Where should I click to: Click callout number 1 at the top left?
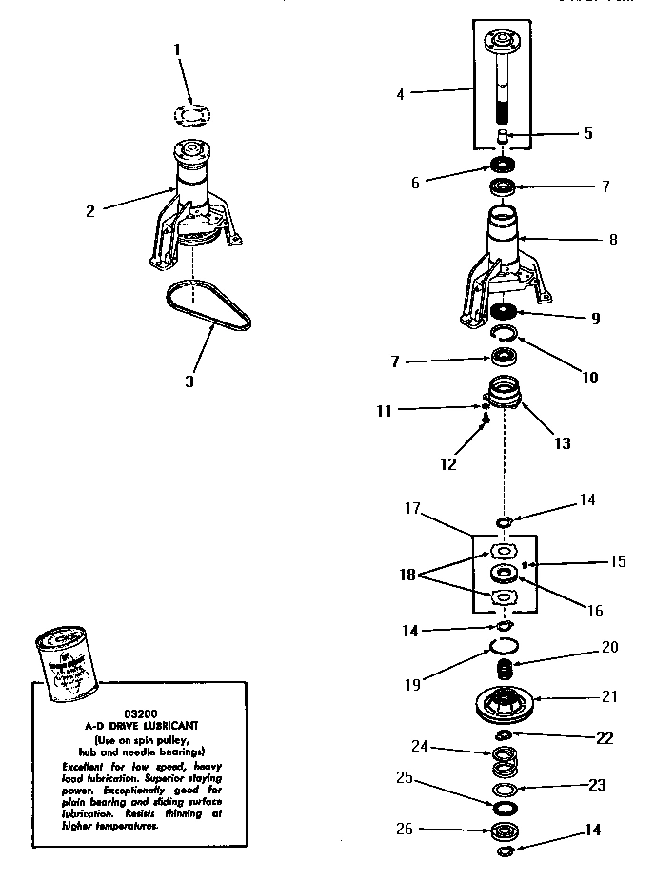176,49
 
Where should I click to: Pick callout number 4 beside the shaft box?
400,94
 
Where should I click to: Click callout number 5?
587,133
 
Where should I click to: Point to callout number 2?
90,211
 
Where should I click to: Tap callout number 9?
594,319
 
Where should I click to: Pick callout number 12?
448,464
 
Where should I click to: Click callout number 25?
404,778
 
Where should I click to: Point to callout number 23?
596,785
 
